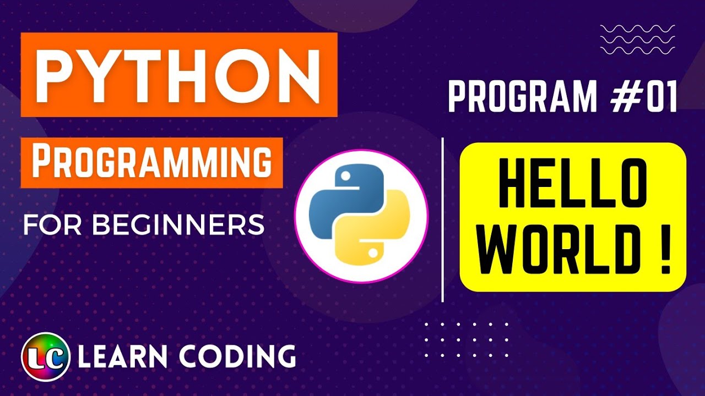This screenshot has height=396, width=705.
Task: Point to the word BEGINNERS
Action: tap(178, 225)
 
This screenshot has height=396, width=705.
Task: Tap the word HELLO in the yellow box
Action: tap(573, 185)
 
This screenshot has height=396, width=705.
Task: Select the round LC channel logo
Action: tap(46, 357)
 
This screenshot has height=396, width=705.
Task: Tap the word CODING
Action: tap(237, 357)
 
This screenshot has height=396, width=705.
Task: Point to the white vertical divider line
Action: tap(443, 220)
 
